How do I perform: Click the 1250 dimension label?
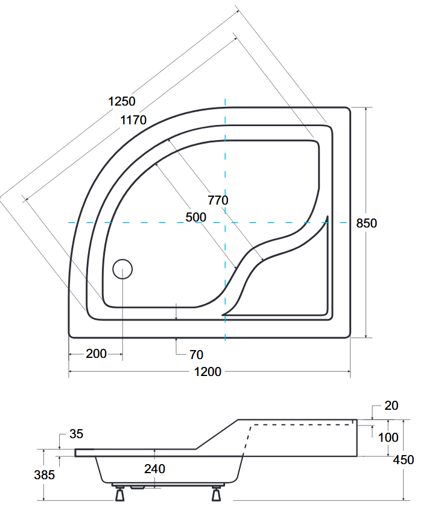(x=122, y=101)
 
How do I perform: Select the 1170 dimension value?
(x=133, y=120)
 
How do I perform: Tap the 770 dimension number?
(x=218, y=200)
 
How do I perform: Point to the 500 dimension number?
(x=195, y=217)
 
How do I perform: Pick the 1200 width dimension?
(x=209, y=371)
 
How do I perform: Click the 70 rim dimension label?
(x=196, y=354)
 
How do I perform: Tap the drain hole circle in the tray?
(x=122, y=269)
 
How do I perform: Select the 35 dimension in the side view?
(x=77, y=434)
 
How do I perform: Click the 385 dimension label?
(x=44, y=475)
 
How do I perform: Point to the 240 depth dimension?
(x=154, y=468)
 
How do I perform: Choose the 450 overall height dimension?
(x=403, y=460)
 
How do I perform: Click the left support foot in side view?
(x=119, y=494)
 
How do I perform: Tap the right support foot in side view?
(x=216, y=494)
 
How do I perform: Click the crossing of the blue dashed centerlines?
(x=225, y=223)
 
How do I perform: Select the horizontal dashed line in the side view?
(x=302, y=425)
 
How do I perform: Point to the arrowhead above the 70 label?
(x=176, y=341)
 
